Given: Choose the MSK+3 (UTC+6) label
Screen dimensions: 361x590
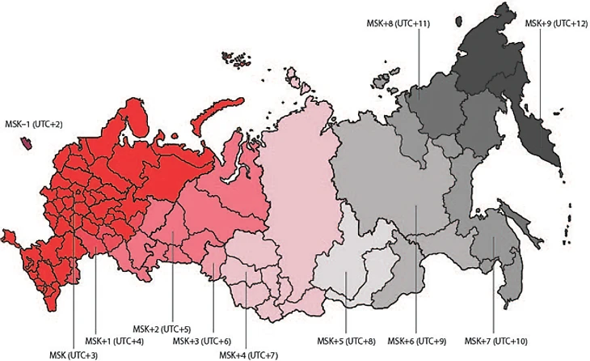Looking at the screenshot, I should [x=203, y=341].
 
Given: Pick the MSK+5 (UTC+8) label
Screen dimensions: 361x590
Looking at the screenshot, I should [x=347, y=340].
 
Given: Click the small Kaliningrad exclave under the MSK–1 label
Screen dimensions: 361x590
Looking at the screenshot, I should [x=27, y=143].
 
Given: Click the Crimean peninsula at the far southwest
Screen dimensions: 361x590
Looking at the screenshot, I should [x=11, y=237].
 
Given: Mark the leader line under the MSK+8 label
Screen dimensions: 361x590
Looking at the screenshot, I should [x=419, y=65].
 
